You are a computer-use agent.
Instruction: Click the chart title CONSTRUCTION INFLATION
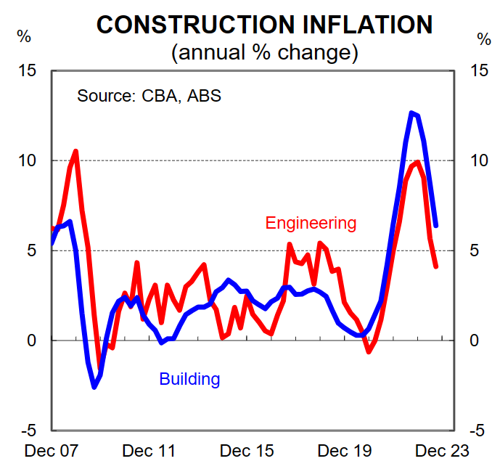[x=264, y=25]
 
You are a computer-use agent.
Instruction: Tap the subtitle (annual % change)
[x=264, y=52]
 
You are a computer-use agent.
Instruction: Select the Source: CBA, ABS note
[x=149, y=95]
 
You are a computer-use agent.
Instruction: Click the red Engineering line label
[x=311, y=222]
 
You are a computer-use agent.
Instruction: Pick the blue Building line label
[x=189, y=378]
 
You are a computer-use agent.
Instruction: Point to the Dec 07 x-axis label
[x=51, y=451]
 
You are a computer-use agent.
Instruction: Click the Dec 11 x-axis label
[x=149, y=451]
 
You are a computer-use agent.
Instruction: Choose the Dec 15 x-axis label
[x=247, y=451]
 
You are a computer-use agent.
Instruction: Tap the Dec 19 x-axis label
[x=345, y=451]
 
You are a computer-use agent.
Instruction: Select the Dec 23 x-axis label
[x=443, y=451]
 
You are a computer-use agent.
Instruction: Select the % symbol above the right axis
[x=483, y=38]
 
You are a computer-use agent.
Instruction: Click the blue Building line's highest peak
[x=411, y=113]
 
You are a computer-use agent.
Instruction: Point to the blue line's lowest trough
[x=94, y=387]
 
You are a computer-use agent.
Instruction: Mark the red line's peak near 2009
[x=75, y=151]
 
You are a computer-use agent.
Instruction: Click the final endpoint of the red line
[x=436, y=266]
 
